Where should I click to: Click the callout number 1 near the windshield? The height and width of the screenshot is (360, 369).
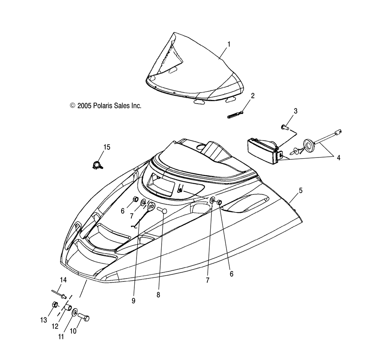pos(229,44)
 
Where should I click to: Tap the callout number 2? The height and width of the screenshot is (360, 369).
pos(253,96)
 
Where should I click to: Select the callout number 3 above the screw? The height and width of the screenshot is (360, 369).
pos(296,111)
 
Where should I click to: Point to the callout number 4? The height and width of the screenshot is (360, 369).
pos(338,157)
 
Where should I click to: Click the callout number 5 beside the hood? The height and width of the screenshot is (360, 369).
pos(301,190)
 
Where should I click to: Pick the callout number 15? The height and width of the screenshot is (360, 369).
pos(107,147)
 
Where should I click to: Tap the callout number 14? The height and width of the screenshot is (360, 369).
pos(63,280)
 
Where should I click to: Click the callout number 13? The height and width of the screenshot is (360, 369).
pos(44,320)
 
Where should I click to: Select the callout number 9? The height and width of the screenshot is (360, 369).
pos(134,301)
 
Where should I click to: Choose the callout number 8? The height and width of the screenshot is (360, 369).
pos(158,295)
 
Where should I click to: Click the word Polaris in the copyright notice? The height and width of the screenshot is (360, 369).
pos(102,105)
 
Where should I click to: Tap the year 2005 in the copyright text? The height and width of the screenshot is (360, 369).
pos(84,105)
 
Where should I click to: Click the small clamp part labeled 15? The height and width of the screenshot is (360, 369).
pos(97,165)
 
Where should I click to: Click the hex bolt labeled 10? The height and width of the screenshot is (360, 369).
pos(83,317)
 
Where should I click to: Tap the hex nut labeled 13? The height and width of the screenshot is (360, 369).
pos(55,305)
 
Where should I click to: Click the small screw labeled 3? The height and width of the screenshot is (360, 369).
pos(285,127)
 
